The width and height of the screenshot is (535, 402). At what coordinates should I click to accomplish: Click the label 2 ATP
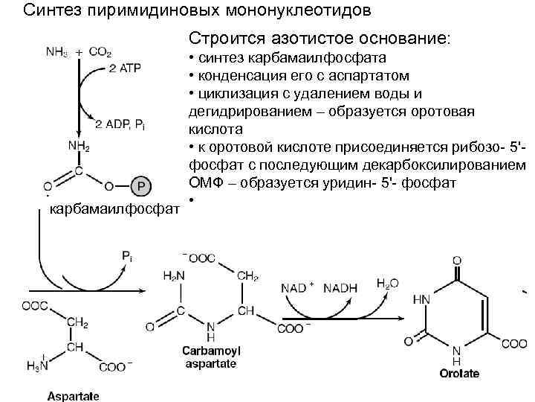click(x=124, y=68)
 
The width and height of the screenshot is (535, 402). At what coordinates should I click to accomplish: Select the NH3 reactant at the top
click(x=56, y=52)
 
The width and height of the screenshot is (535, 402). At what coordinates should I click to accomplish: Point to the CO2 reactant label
click(x=100, y=52)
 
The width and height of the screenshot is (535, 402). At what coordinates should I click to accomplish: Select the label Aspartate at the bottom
click(x=74, y=395)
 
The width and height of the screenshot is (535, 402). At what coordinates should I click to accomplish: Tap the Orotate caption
click(x=458, y=374)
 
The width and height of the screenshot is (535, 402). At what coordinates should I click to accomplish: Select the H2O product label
click(x=387, y=283)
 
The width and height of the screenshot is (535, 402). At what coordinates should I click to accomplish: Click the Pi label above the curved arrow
click(x=129, y=256)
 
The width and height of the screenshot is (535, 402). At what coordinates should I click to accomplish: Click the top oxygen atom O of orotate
click(x=457, y=260)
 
